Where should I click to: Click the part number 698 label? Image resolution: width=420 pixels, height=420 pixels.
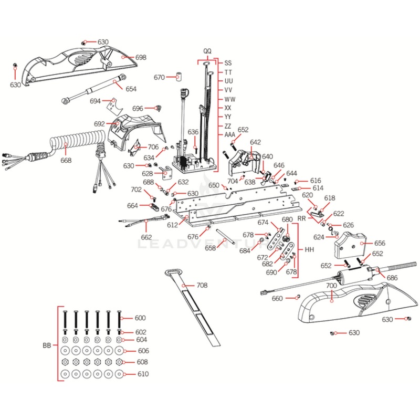[141, 57]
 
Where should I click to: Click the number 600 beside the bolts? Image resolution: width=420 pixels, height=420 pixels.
[140, 318]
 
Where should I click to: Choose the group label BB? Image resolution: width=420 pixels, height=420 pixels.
[47, 346]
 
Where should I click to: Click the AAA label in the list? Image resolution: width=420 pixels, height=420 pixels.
[230, 135]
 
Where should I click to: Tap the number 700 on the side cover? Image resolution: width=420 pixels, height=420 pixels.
[331, 286]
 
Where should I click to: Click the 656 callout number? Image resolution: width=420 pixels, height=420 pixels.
[379, 244]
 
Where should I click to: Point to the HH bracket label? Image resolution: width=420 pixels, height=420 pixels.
[309, 250]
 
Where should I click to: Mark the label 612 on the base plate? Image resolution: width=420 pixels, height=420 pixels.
[172, 225]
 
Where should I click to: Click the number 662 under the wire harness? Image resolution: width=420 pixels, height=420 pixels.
[146, 237]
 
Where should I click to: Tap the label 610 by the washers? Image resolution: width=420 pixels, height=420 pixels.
[143, 374]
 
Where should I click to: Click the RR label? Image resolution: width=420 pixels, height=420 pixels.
[302, 217]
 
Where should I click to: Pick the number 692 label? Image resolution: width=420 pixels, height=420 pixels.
[99, 124]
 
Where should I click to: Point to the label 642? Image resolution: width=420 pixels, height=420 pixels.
[255, 142]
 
